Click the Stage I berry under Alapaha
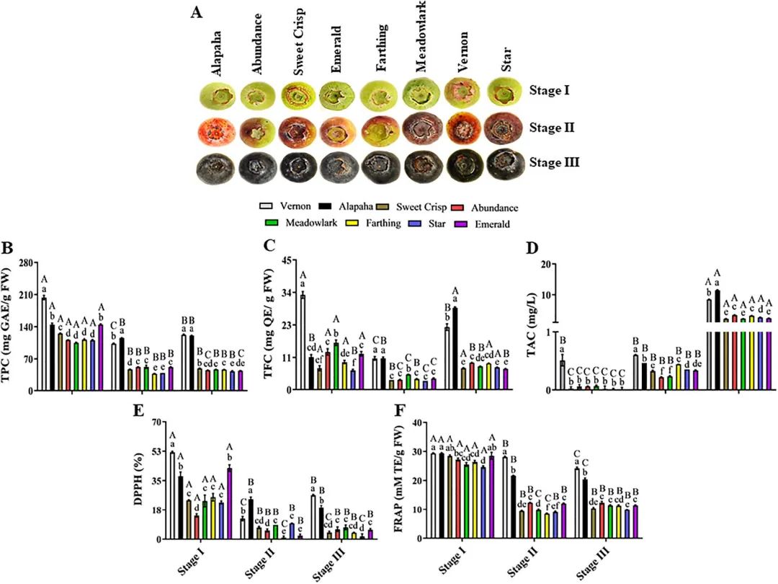pos(214,95)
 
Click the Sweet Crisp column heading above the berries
pos(296,43)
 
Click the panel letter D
pos(532,248)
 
